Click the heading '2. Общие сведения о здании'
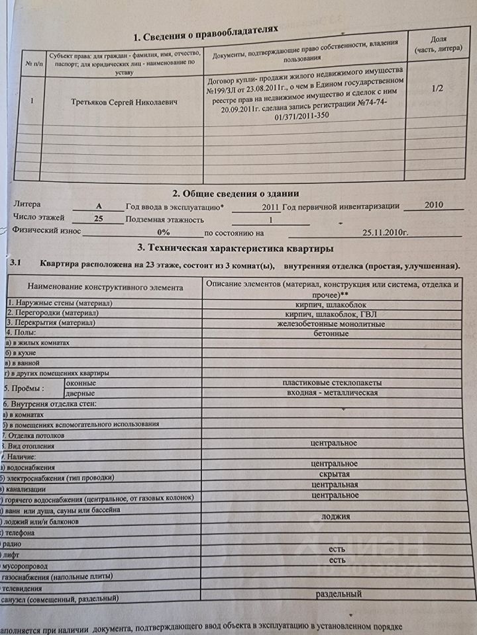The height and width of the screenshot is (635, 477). pyautogui.click(x=235, y=193)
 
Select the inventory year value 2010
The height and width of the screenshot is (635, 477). pyautogui.click(x=433, y=206)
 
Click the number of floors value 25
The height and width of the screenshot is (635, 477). pyautogui.click(x=99, y=218)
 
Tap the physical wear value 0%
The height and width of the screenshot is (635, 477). pyautogui.click(x=163, y=232)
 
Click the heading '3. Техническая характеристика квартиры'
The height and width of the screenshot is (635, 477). pyautogui.click(x=235, y=248)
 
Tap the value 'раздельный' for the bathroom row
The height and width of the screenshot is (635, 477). pyautogui.click(x=338, y=594)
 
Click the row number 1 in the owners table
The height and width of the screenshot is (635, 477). pyautogui.click(x=32, y=102)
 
